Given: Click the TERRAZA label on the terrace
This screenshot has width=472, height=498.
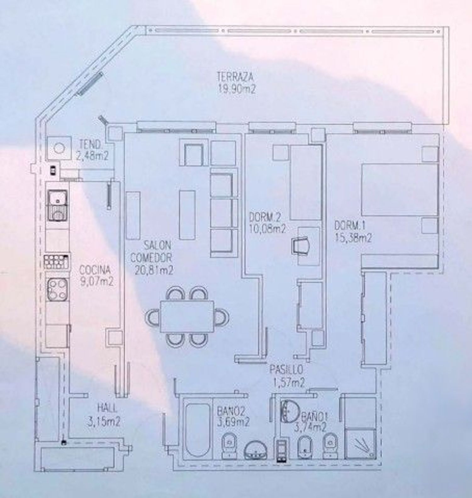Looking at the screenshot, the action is point(235,76).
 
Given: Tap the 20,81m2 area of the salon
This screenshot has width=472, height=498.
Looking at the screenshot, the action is point(154,270).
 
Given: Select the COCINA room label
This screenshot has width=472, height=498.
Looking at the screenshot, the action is point(95,270).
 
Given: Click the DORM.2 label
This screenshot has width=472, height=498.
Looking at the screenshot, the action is point(265,217).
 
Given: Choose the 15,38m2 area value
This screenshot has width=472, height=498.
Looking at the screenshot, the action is point(353,238).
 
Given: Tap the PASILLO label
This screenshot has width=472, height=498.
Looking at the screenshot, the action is point(286,368).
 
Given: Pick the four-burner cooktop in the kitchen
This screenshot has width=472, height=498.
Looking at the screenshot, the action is point(58,289).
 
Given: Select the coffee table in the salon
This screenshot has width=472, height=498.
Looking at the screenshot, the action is point(187,215).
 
